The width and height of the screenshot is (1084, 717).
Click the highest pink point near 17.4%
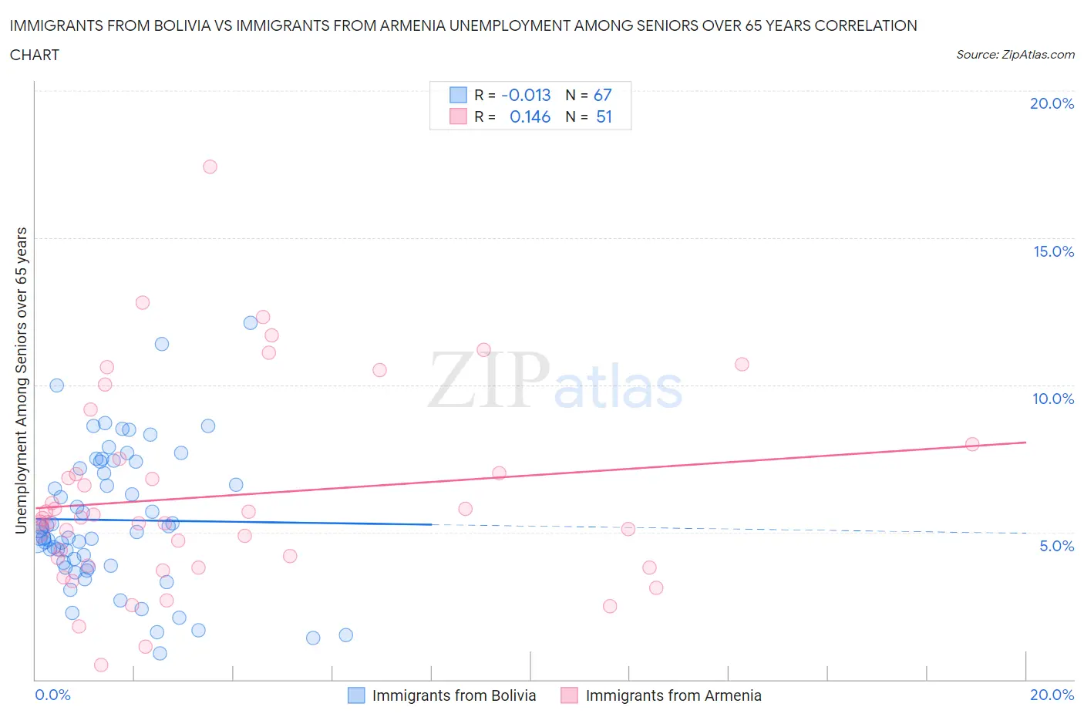click(x=210, y=167)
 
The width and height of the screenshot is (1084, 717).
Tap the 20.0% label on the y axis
click(x=1052, y=103)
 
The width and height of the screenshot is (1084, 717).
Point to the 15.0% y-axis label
click(x=1053, y=251)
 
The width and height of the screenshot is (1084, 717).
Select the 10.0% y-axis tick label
click(x=1053, y=399)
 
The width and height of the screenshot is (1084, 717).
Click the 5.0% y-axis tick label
click(x=1056, y=546)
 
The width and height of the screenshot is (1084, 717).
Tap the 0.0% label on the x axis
click(x=52, y=695)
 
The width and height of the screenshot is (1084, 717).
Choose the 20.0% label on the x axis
click(x=1052, y=695)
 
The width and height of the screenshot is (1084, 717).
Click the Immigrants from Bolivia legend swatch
click(x=356, y=695)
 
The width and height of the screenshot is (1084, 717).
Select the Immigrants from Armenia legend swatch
click(x=569, y=695)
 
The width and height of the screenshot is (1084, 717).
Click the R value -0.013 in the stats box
click(x=526, y=95)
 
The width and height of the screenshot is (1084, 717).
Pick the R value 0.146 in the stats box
click(x=530, y=116)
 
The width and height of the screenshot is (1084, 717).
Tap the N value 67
click(x=602, y=95)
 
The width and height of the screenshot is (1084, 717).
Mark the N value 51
click(x=604, y=116)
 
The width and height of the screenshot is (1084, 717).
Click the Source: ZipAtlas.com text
click(x=1015, y=55)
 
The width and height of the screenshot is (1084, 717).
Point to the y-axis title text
click(x=22, y=380)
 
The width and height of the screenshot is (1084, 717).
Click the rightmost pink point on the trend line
click(x=972, y=444)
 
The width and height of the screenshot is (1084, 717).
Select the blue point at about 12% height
click(x=251, y=323)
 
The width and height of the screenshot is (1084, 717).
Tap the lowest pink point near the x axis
click(x=101, y=665)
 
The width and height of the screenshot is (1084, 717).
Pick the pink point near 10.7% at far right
click(x=742, y=364)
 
